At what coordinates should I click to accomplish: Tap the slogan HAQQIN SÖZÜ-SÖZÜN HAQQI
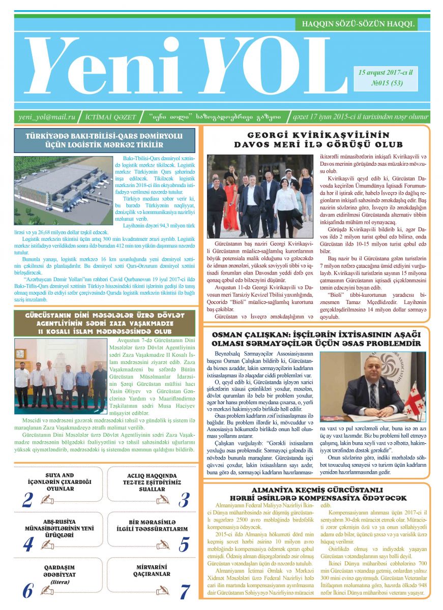[x=359, y=23]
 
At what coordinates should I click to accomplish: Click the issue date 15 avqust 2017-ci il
[x=386, y=73]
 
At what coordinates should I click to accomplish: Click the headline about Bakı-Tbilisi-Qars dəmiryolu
[x=104, y=140]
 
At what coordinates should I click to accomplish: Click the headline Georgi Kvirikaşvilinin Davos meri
[x=318, y=140]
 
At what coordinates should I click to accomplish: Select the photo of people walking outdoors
[x=260, y=196]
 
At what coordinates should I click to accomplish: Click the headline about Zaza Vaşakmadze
[x=104, y=323]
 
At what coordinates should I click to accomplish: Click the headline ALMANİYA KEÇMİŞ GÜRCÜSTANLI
[x=316, y=494]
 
